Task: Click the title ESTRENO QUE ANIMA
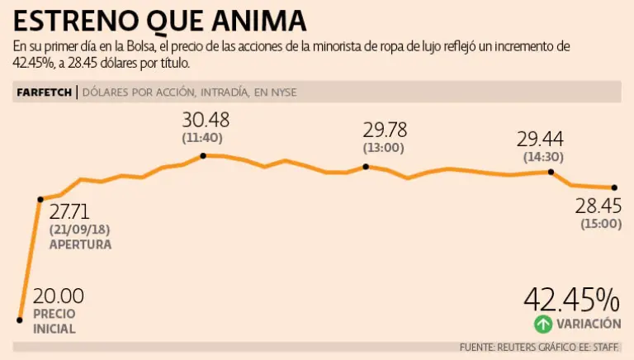coord(160,20)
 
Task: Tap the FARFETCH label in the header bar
coord(44,92)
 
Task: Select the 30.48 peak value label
coord(205,121)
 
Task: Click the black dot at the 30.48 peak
coord(202,155)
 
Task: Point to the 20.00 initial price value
coord(58,296)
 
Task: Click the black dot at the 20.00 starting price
coord(19,319)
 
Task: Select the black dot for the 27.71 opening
coord(40,199)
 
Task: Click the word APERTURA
coord(80,245)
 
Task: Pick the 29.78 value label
coord(386,130)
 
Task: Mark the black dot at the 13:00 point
coord(366,167)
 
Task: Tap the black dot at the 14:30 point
coord(551,172)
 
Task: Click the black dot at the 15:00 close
coord(615,188)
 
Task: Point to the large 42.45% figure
coord(571,300)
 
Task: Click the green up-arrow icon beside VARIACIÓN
coord(542,324)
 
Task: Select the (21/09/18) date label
coord(78,230)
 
